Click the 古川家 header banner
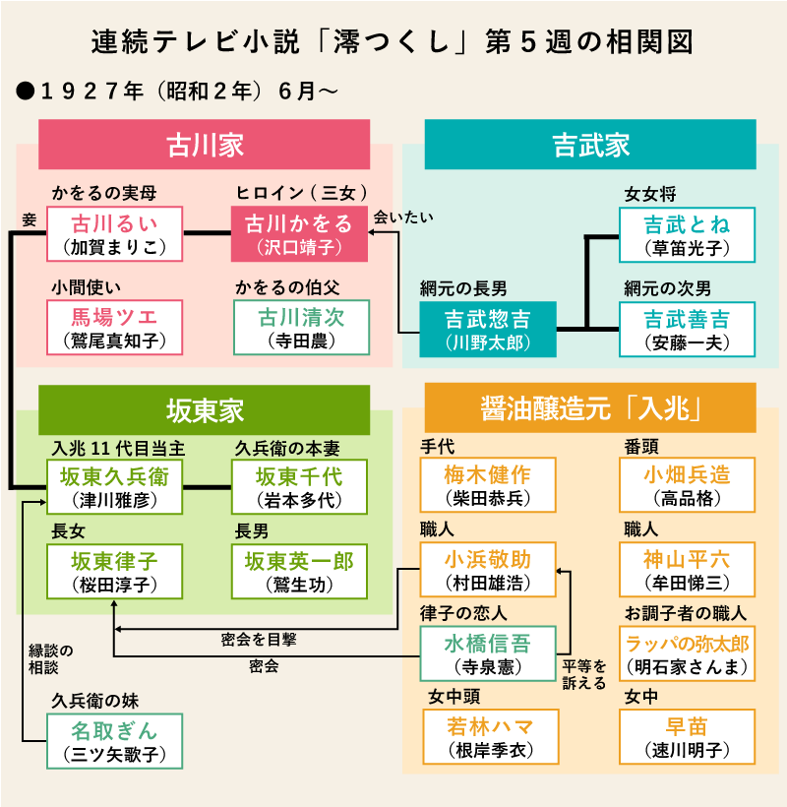(x=204, y=145)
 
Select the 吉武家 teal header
(x=590, y=145)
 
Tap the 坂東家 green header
(x=204, y=409)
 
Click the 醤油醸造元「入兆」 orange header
(x=590, y=409)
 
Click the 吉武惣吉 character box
(x=488, y=329)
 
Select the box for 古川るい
(x=115, y=233)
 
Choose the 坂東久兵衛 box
(x=115, y=486)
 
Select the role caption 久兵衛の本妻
(x=287, y=448)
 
